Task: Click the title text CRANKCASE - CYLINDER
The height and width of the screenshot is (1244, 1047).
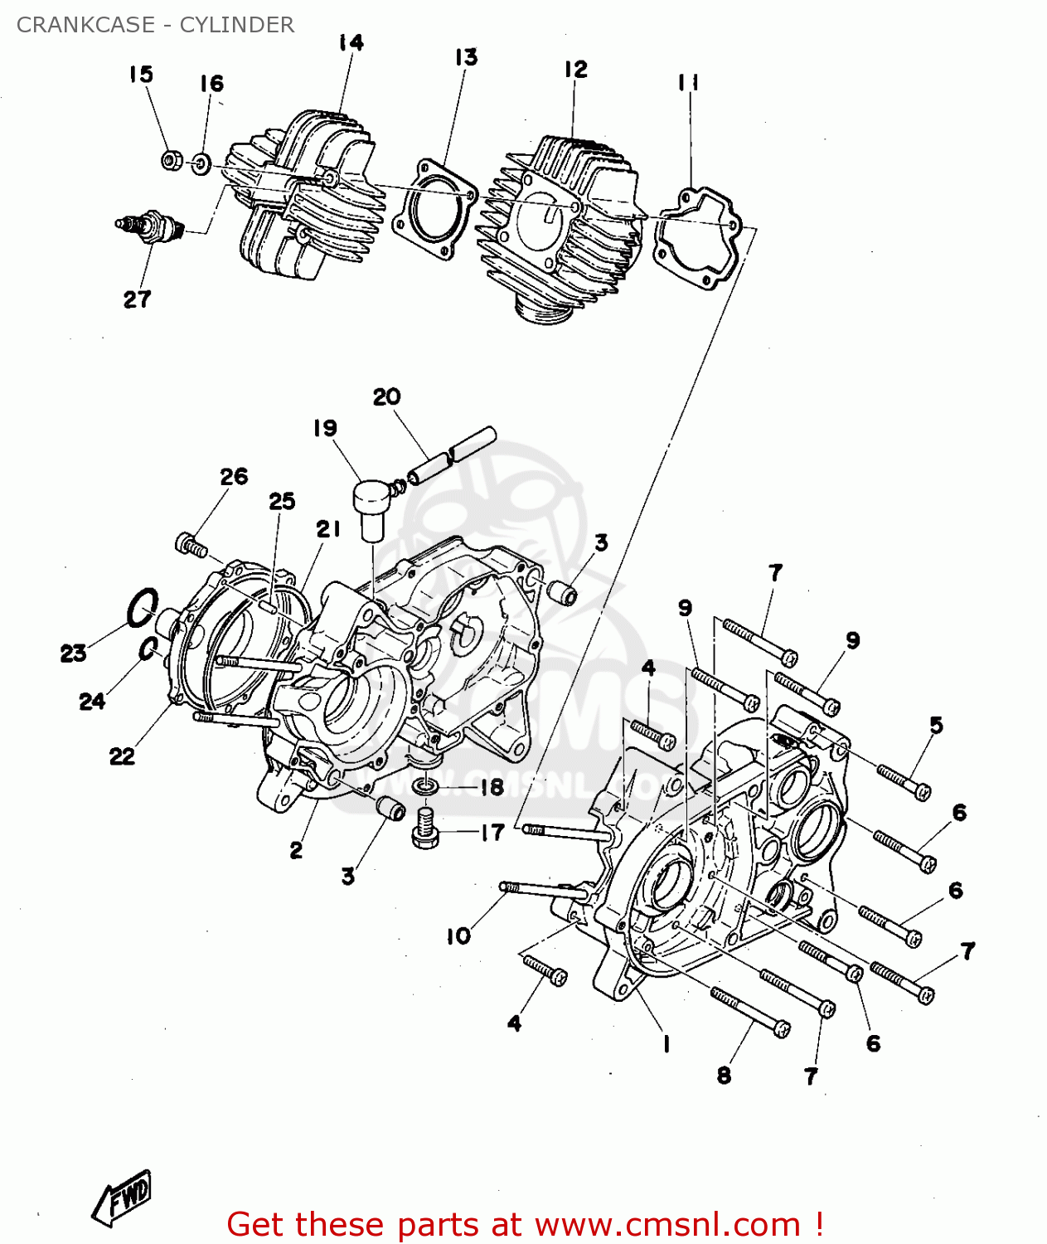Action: point(155,25)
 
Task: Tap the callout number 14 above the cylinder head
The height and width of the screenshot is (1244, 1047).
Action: point(351,42)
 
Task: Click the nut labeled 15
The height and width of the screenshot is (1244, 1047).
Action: point(172,160)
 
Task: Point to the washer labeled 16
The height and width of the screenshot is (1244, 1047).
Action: point(201,163)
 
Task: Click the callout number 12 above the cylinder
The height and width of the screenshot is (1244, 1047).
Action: point(575,69)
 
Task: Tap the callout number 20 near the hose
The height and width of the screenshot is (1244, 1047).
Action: point(386,396)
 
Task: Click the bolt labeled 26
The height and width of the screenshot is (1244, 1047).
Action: point(191,545)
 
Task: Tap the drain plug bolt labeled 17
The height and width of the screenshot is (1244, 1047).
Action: point(424,829)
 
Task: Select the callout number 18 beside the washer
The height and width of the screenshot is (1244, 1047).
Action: point(492,786)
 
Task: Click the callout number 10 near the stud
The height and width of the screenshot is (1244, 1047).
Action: point(458,935)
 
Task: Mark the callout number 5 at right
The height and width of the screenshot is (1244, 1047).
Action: point(936,725)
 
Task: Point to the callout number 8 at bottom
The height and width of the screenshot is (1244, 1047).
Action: point(724,1075)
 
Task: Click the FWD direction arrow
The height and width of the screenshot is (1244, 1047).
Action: point(123,1198)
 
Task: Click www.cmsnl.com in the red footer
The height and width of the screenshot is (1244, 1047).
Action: point(667,1225)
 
